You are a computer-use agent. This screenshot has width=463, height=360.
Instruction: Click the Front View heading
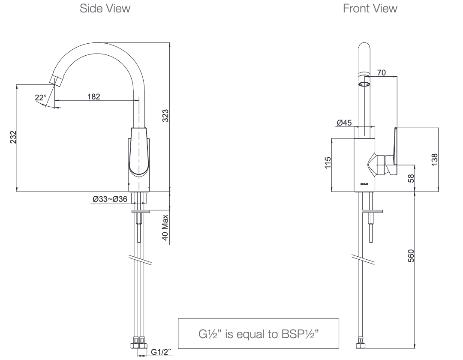pyautogui.click(x=370, y=9)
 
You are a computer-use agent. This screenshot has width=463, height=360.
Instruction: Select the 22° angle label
pyautogui.click(x=40, y=98)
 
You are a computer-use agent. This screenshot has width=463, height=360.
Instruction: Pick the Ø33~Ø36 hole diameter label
pyautogui.click(x=109, y=199)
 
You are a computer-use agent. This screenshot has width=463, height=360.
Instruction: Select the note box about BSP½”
pyautogui.click(x=258, y=333)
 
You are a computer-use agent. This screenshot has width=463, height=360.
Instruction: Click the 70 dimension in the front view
pyautogui.click(x=382, y=73)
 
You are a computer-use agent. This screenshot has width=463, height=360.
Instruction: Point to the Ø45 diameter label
pyautogui.click(x=344, y=123)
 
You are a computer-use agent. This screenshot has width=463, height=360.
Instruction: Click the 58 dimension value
pyautogui.click(x=412, y=178)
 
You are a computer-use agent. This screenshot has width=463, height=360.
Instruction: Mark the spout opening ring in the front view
pyautogui.click(x=364, y=83)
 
